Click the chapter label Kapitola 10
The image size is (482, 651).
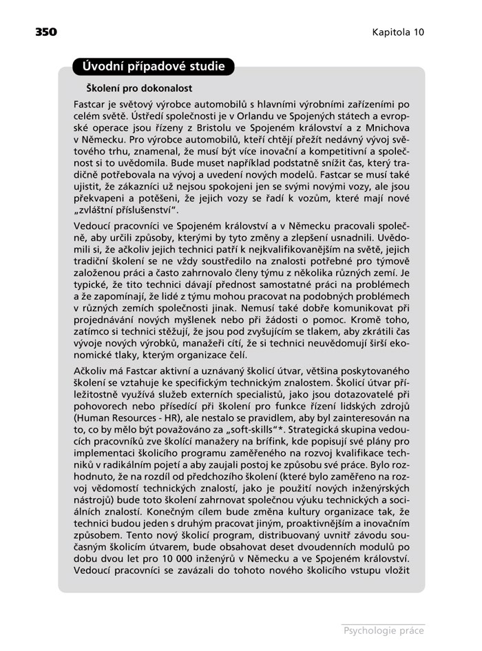(399, 32)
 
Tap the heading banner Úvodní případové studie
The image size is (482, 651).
(153, 67)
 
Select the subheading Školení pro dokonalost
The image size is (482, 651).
(138, 89)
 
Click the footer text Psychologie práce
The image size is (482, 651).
(382, 628)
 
